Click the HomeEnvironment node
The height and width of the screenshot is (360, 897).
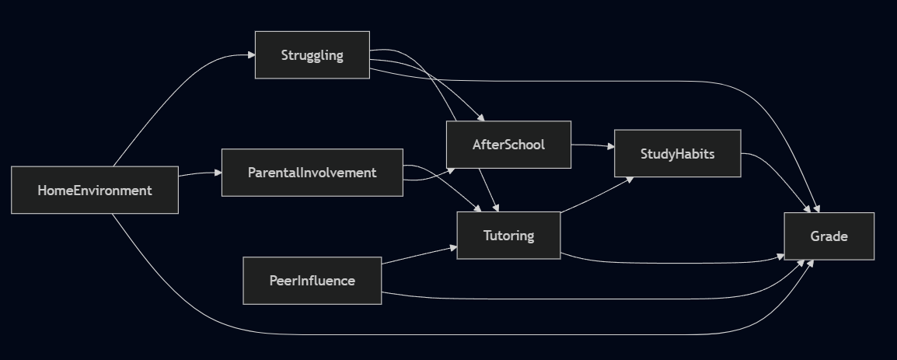(95, 190)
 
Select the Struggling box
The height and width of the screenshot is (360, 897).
(312, 55)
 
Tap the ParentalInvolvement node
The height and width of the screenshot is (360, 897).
(312, 173)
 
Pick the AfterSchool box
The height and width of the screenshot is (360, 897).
(508, 145)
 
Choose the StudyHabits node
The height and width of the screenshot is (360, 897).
(677, 153)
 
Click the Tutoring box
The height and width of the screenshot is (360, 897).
(508, 235)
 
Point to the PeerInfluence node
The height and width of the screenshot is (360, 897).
(312, 281)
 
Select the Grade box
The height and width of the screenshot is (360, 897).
(829, 236)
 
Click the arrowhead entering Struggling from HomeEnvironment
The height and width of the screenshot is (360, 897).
(251, 55)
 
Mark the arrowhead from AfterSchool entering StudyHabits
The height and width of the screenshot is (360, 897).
(610, 145)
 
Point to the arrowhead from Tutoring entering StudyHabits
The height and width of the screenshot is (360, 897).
(630, 179)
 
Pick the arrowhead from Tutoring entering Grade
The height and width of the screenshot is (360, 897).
(780, 256)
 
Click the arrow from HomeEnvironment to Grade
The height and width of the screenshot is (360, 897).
(466, 335)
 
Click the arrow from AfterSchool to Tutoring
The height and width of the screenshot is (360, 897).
(487, 190)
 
